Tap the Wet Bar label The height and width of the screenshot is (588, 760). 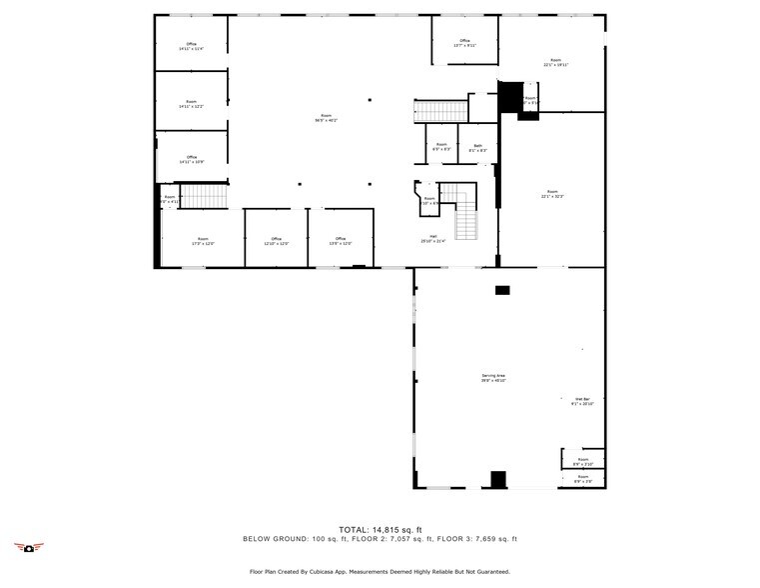[582, 402]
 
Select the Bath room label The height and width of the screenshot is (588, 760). [478, 147]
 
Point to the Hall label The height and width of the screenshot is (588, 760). [432, 238]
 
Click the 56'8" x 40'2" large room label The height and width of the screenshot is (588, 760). [327, 119]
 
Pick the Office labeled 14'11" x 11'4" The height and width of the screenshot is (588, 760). [191, 46]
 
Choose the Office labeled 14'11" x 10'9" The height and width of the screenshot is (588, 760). [191, 159]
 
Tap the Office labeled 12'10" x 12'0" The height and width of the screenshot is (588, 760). [276, 241]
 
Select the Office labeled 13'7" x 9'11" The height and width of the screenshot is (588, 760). [464, 43]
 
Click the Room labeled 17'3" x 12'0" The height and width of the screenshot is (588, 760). [203, 241]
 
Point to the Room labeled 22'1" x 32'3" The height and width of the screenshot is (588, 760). [552, 194]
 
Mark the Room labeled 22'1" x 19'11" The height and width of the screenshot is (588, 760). [555, 62]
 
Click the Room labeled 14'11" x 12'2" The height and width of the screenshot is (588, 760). [191, 103]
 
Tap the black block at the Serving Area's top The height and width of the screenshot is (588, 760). [502, 290]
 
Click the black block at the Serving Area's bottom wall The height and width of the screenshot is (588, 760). [496, 479]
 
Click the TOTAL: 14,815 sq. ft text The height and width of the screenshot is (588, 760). [380, 529]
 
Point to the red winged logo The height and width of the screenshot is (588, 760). [30, 547]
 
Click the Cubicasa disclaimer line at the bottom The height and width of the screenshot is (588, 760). [380, 573]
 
